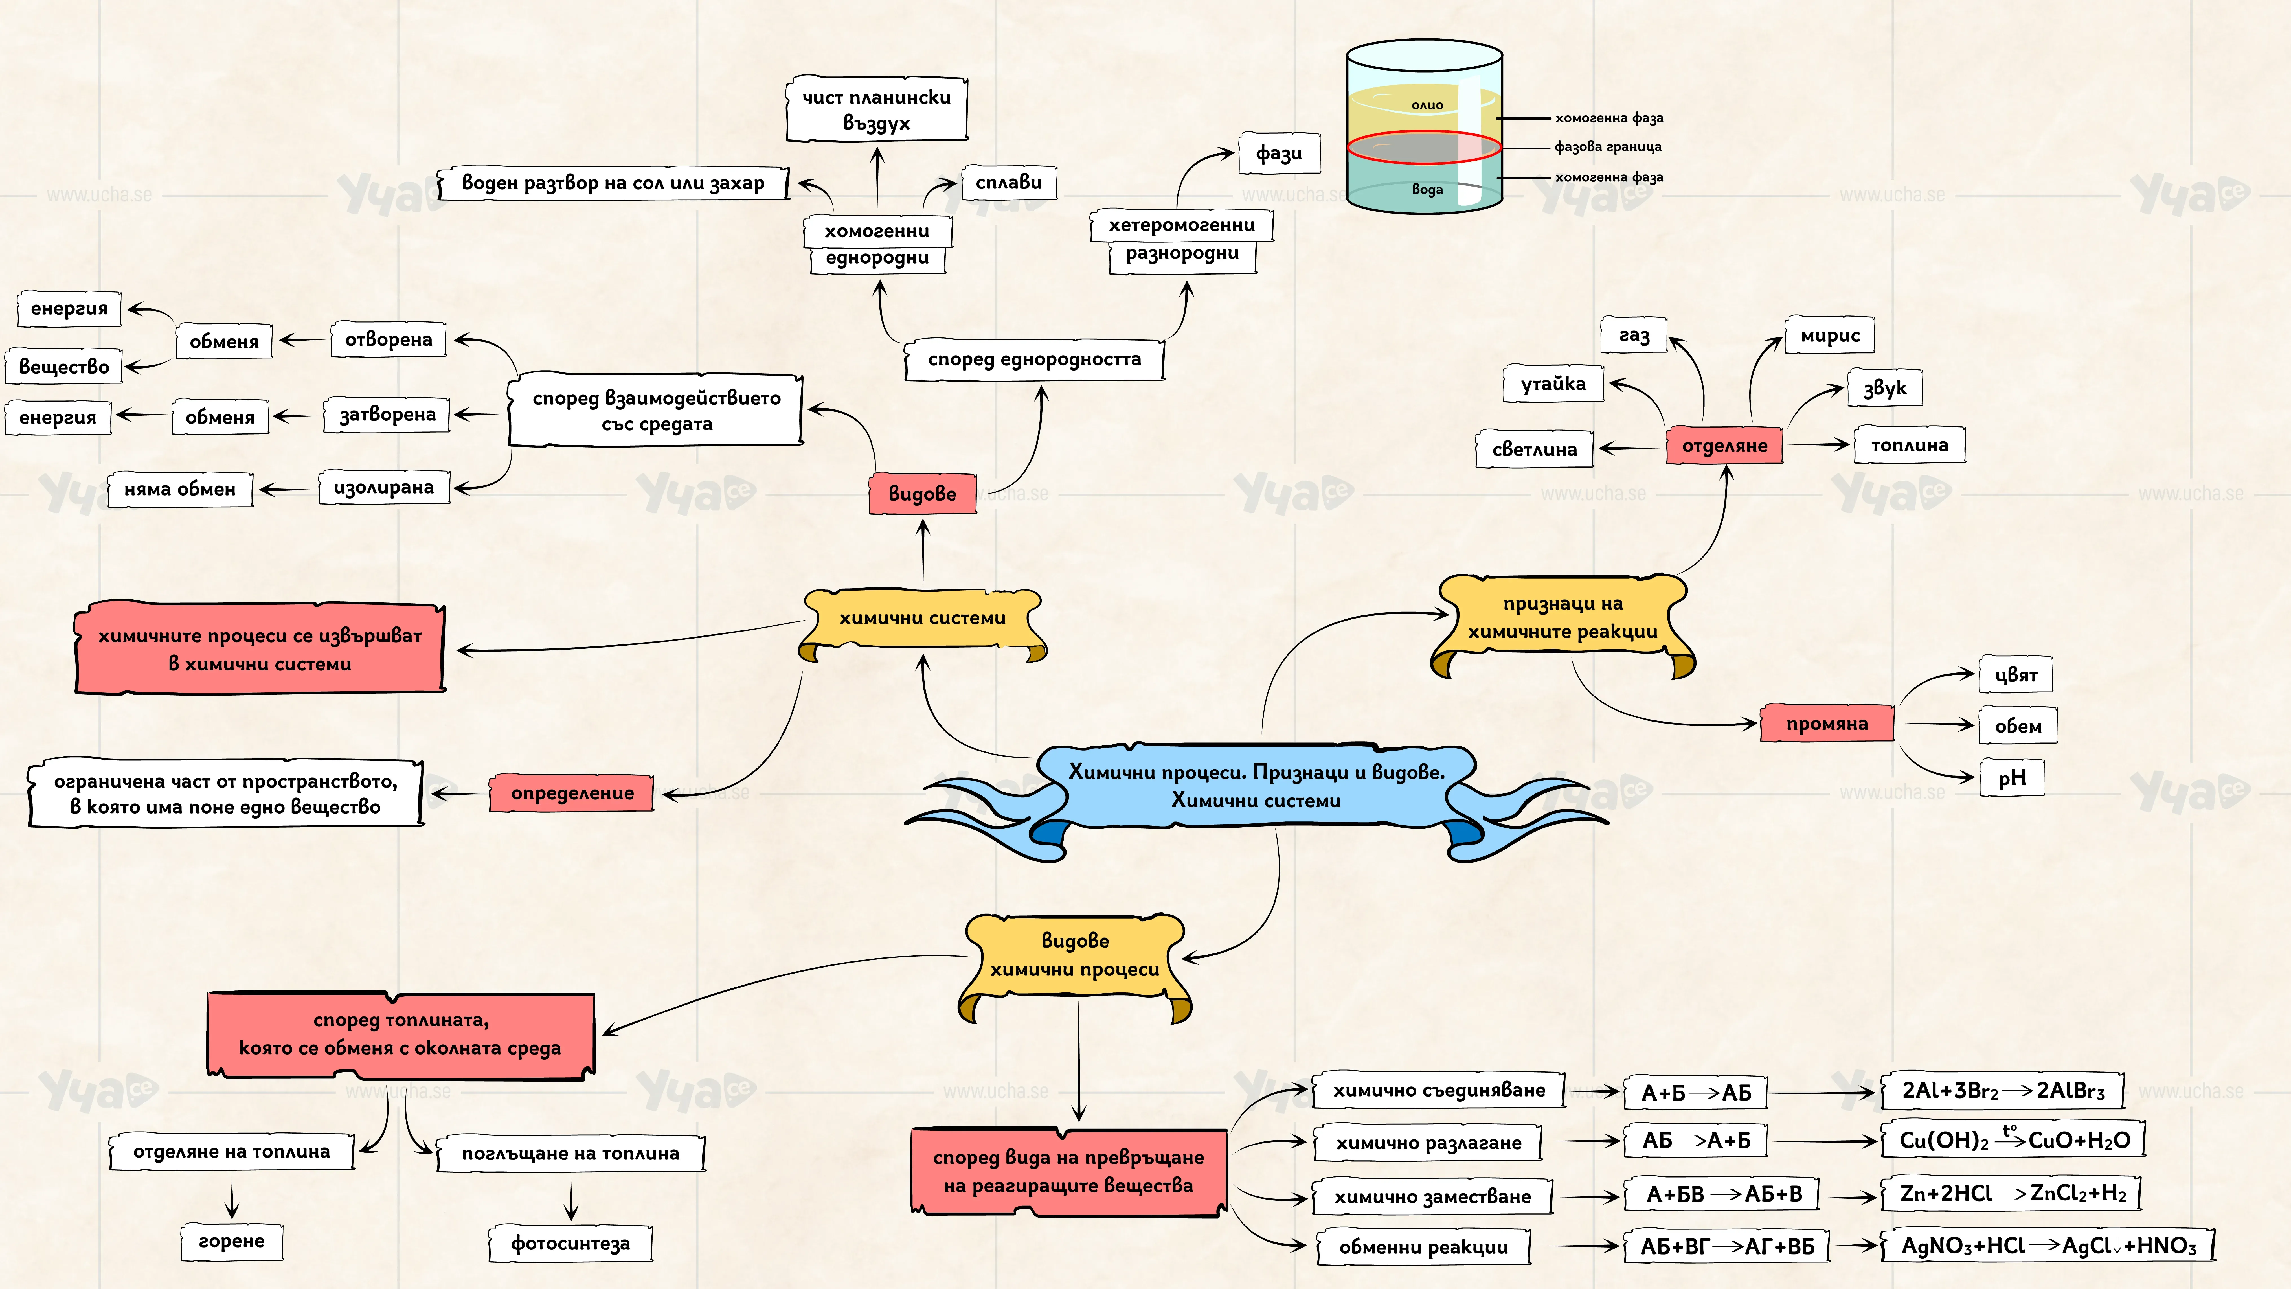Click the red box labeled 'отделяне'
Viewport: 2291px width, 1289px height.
click(1724, 446)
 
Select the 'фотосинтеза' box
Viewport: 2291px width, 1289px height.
click(570, 1243)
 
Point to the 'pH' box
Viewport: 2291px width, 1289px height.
click(2012, 778)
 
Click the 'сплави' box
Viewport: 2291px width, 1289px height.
click(1009, 182)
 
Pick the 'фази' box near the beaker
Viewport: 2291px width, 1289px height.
click(1279, 153)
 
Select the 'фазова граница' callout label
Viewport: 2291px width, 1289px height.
click(1608, 147)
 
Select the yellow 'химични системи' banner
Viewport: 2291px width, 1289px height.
click(922, 623)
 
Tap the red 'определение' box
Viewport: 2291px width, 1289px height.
click(572, 793)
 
